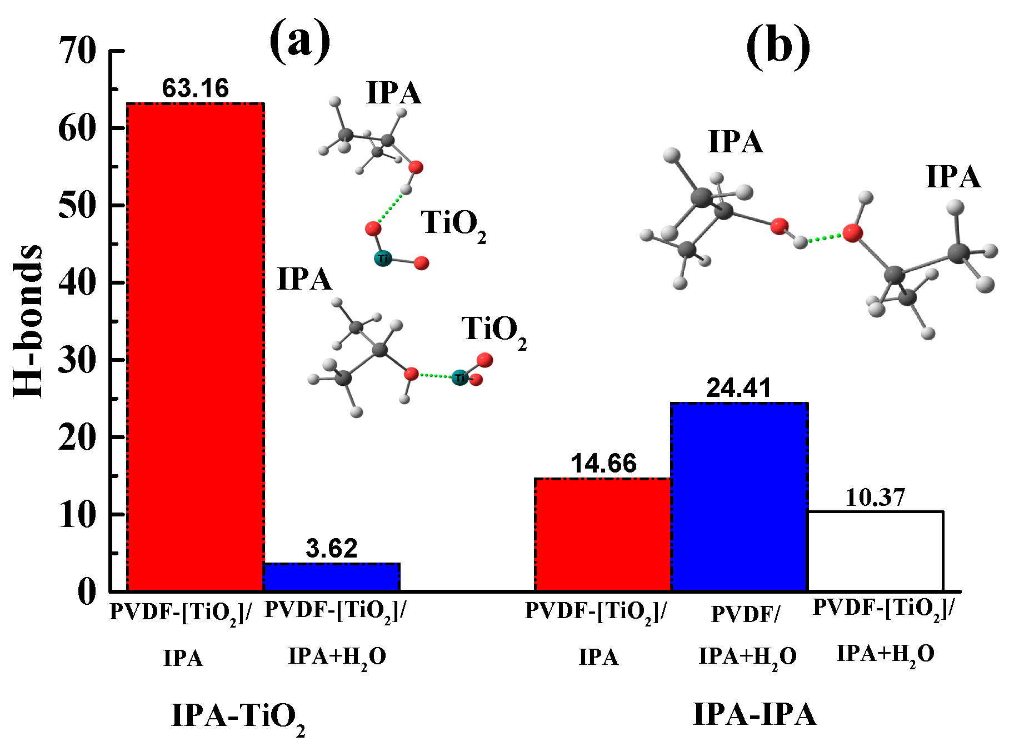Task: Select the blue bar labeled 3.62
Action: coord(331,577)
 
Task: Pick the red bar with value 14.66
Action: coord(603,534)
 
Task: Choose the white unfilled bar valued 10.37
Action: coord(875,550)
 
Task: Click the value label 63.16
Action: coord(195,88)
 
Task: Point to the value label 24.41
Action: coord(739,388)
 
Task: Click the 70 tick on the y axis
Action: coord(77,51)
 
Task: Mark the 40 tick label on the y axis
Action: coord(77,283)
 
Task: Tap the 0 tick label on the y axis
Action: coord(87,591)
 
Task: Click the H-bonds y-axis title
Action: coord(28,321)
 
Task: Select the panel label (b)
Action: coord(777,46)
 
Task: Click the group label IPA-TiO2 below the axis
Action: coord(238,717)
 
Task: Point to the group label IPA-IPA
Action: coord(755,714)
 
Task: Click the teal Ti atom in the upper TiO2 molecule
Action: coord(383,258)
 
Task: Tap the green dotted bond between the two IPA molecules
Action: coord(825,238)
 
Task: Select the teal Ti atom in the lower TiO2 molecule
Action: coord(459,378)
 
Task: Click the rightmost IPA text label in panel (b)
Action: coord(953,177)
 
